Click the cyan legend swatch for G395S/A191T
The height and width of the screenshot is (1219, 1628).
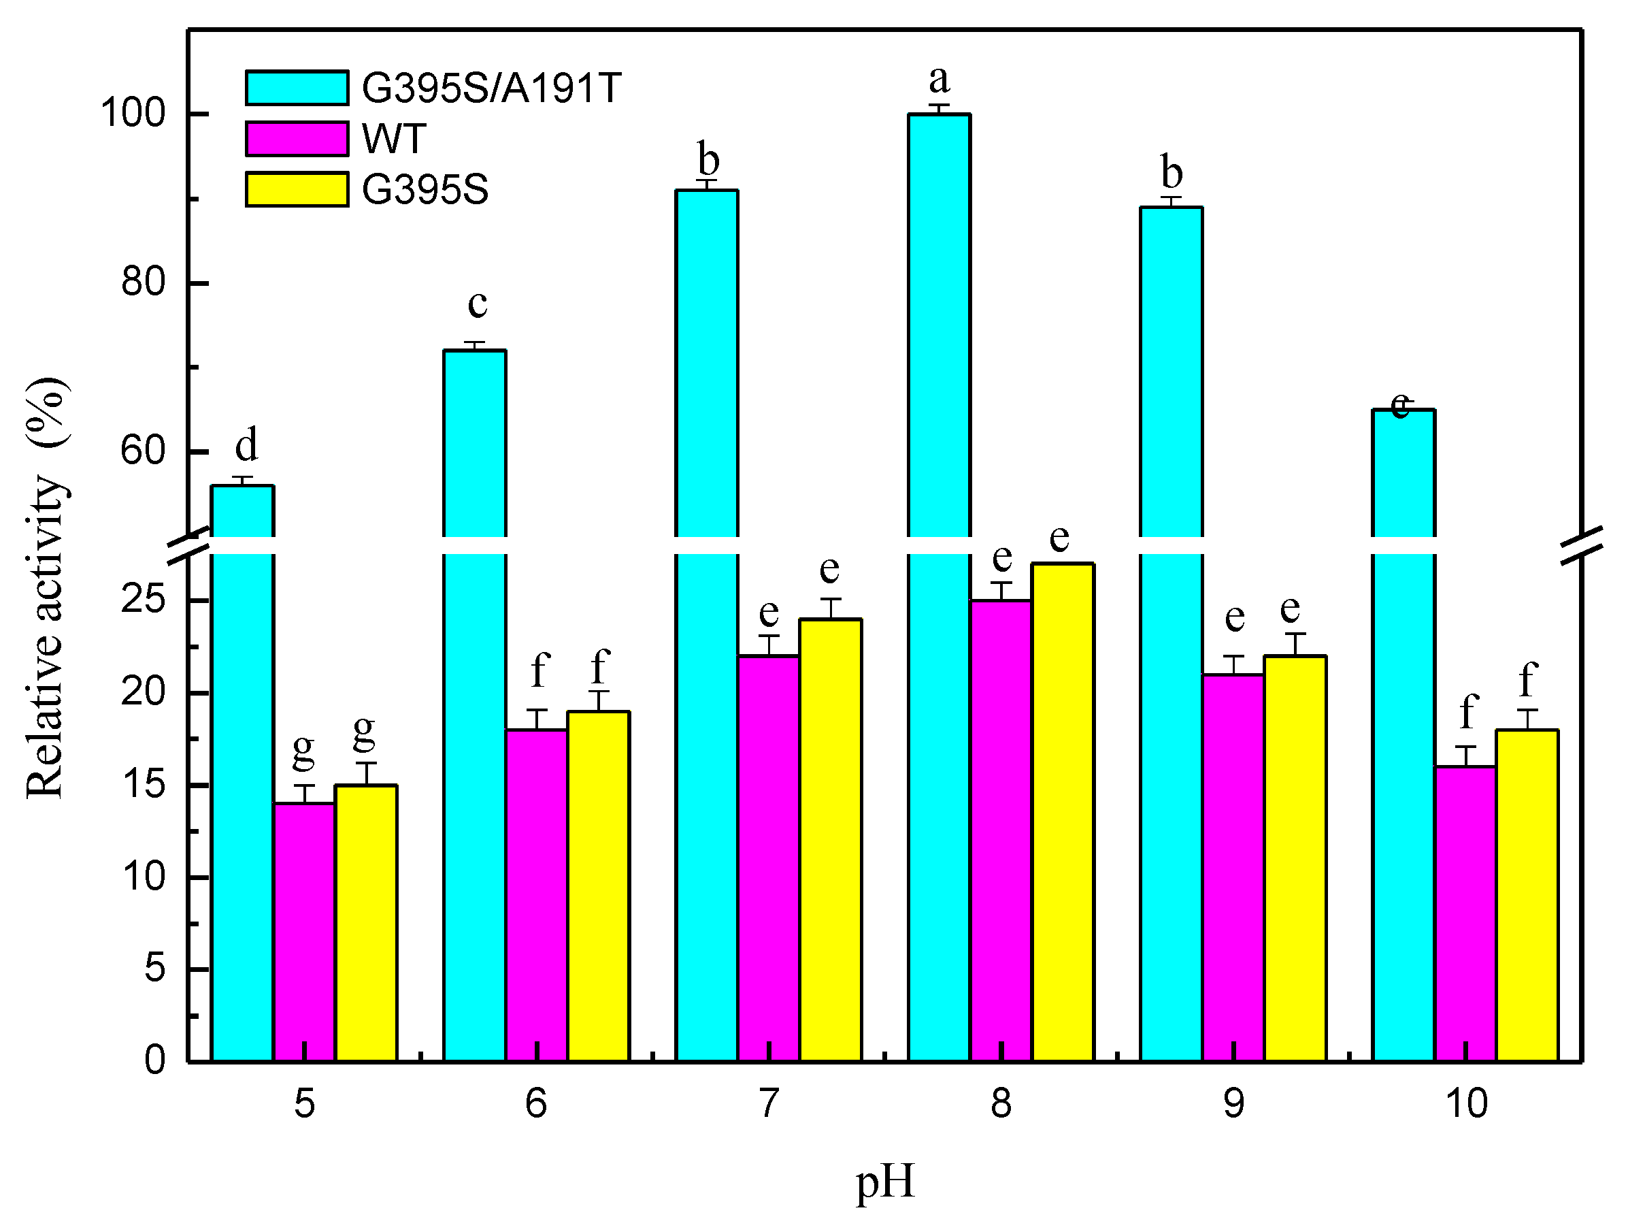point(297,88)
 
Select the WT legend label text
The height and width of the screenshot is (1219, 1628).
point(394,139)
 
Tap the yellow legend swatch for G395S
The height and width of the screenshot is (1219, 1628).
point(297,190)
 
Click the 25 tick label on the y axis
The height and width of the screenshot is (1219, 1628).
point(143,600)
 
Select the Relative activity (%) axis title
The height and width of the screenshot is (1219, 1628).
point(47,589)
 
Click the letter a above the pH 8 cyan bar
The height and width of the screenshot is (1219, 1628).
point(938,79)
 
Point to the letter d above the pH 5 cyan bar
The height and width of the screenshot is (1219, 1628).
point(246,444)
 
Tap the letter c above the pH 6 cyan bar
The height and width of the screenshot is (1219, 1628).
point(478,304)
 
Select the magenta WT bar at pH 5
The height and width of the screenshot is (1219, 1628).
point(304,931)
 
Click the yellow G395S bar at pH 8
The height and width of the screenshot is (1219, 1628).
point(1063,810)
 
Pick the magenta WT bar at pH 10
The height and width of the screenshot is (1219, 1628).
point(1465,913)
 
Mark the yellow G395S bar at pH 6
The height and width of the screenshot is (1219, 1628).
point(599,883)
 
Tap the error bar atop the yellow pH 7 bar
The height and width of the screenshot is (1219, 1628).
point(830,608)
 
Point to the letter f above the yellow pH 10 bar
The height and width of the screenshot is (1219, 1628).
point(1528,679)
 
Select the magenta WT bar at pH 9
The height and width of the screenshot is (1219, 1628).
point(1233,868)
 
